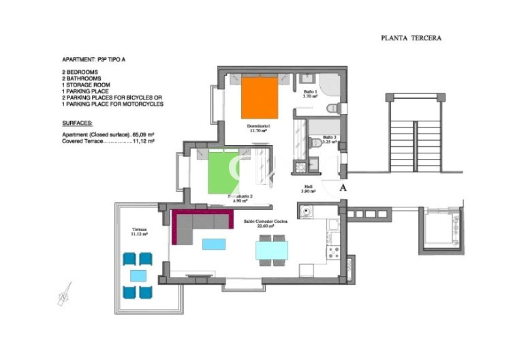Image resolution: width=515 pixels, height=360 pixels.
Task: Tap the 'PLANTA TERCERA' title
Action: pyautogui.click(x=411, y=38)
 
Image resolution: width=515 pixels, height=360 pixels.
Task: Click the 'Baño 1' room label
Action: pyautogui.click(x=310, y=93)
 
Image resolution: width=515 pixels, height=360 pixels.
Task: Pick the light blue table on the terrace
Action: pyautogui.click(x=138, y=275)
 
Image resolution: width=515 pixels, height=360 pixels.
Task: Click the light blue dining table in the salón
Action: pyautogui.click(x=272, y=252)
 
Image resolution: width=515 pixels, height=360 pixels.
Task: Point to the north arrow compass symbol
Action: pyautogui.click(x=63, y=295)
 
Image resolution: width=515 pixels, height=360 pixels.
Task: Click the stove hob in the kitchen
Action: pyautogui.click(x=334, y=252)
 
